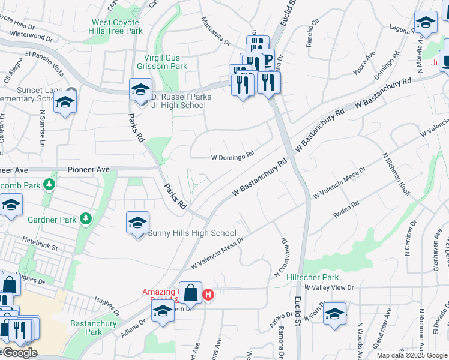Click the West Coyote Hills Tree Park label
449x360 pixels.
click(x=117, y=26)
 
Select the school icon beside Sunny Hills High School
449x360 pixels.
click(x=137, y=223)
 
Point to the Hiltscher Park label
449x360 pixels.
click(x=313, y=277)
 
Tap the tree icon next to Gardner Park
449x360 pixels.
click(x=86, y=219)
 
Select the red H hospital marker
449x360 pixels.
click(x=208, y=295)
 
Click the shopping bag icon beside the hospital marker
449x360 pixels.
click(x=190, y=293)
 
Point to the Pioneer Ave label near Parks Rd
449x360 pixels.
click(x=88, y=170)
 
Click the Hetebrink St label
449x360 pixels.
click(x=40, y=247)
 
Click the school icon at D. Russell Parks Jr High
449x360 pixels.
click(x=140, y=91)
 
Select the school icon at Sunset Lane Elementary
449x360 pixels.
click(x=65, y=103)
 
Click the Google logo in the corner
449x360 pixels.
click(x=20, y=353)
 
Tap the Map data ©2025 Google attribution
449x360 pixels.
click(x=412, y=355)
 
